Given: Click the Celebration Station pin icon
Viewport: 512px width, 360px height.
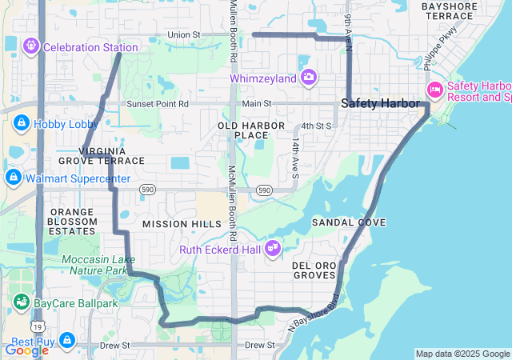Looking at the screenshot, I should (32, 46).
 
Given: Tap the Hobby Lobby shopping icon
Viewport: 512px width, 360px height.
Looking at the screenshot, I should (21, 123).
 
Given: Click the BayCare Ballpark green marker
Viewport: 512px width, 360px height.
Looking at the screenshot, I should (21, 302).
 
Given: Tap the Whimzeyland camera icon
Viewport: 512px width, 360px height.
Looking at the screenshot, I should (309, 78).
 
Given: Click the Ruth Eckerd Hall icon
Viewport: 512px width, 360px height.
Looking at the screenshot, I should (274, 248).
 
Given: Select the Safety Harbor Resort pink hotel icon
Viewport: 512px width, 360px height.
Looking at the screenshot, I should (435, 88).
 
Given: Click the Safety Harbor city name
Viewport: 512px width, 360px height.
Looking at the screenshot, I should (380, 103).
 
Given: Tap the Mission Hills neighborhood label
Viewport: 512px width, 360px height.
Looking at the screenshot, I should (182, 224).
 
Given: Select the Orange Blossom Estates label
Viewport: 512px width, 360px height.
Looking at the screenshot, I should (72, 222).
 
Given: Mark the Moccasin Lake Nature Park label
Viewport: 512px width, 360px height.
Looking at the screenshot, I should (94, 266).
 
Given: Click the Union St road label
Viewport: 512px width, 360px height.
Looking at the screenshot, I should (184, 34).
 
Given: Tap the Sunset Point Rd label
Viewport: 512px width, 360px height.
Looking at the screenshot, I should (157, 104).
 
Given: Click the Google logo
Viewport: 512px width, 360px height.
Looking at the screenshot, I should (26, 350).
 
